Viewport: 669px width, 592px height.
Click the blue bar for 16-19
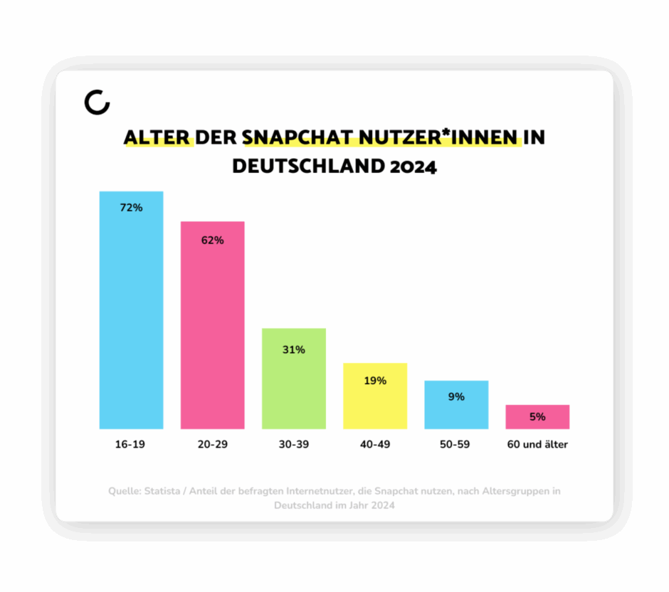[x=131, y=320]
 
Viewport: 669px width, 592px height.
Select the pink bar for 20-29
[x=212, y=334]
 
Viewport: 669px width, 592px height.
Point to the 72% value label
[x=131, y=208]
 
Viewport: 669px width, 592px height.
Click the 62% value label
[x=212, y=240]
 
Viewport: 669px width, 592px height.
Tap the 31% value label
[x=293, y=349]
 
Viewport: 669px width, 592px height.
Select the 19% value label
[x=375, y=381]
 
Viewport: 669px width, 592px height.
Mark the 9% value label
[x=456, y=396]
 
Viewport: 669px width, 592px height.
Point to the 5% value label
[x=537, y=417]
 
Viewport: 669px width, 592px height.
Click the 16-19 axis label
[x=131, y=445]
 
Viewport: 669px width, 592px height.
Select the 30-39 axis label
[x=293, y=445]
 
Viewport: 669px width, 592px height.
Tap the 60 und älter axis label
[x=537, y=445]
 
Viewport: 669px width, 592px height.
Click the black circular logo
[x=97, y=102]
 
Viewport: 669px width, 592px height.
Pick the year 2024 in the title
[x=413, y=166]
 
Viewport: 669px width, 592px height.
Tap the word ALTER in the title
[x=157, y=137]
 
